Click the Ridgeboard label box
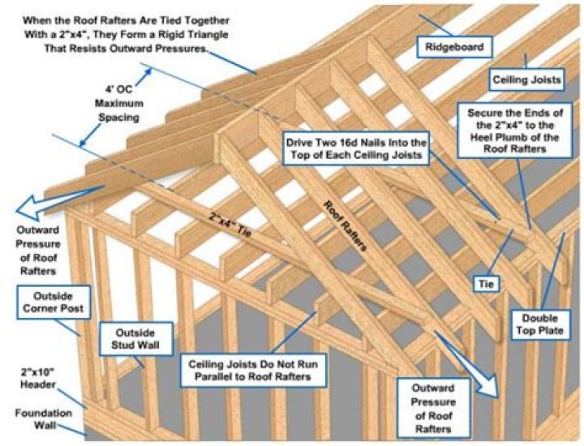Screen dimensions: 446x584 tap(454, 48)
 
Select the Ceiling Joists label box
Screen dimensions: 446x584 tap(525, 79)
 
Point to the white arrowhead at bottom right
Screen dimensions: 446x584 tap(492, 386)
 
